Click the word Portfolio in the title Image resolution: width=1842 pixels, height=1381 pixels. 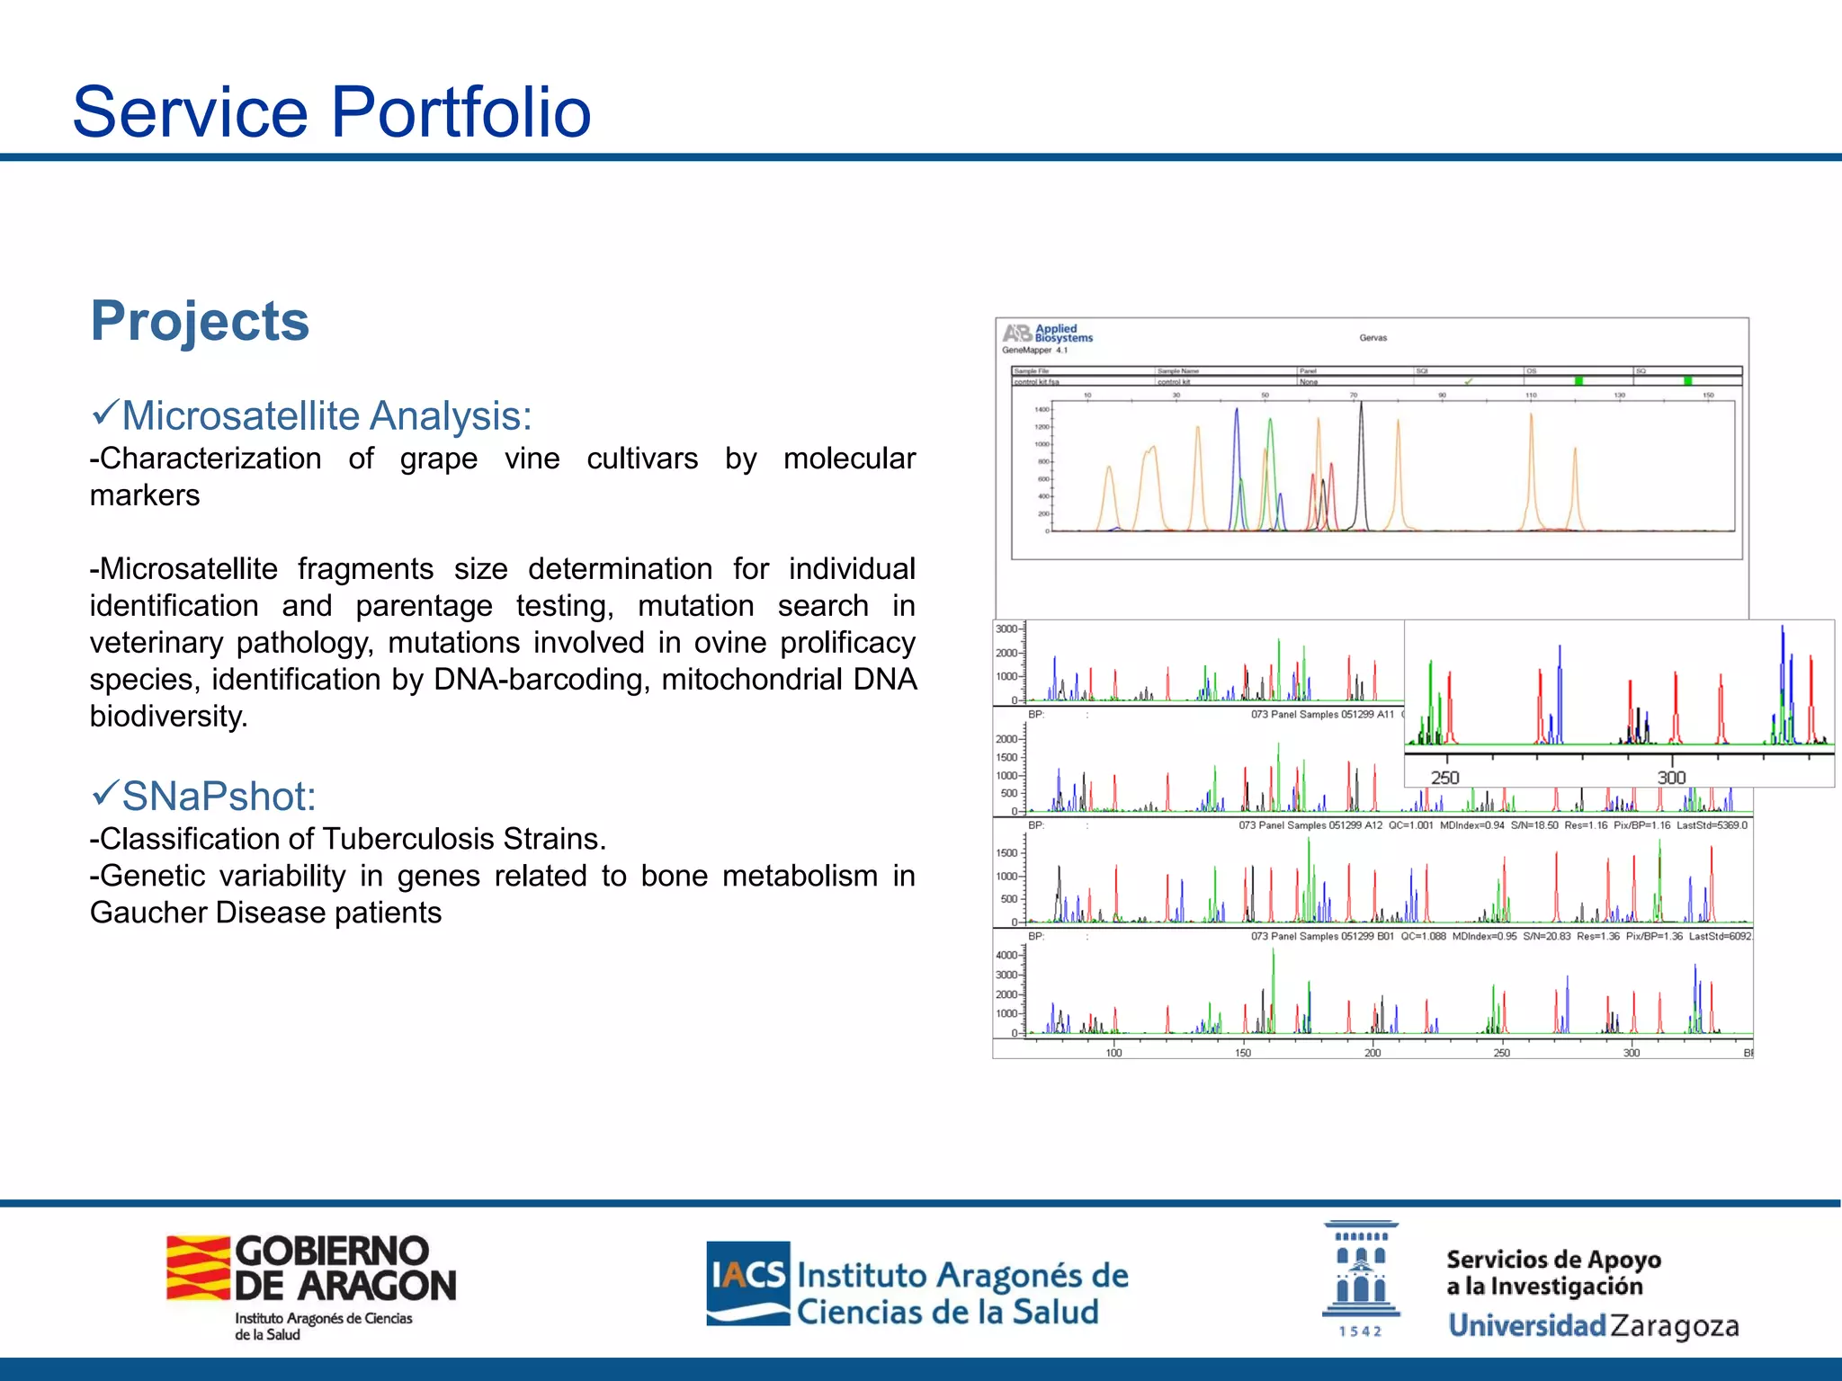pos(460,112)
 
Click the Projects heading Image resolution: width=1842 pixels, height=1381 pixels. pos(200,321)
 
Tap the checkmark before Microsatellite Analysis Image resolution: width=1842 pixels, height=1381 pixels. pos(105,414)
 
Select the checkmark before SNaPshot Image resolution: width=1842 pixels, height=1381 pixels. pos(105,794)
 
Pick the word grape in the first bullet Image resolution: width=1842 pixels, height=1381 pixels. pos(438,459)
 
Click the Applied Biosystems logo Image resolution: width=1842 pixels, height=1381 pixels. pos(1048,334)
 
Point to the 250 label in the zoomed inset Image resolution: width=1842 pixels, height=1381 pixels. pos(1445,778)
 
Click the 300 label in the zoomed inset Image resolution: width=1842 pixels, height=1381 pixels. pos(1671,778)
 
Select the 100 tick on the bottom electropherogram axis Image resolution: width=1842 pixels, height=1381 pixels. pos(1113,1053)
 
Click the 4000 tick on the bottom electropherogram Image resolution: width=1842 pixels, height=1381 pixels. pos(1006,956)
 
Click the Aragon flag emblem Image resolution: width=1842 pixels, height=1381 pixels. pos(198,1268)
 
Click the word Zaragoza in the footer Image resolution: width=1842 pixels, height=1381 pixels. pos(1674,1326)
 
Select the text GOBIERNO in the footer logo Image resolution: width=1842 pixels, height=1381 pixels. pos(332,1251)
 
